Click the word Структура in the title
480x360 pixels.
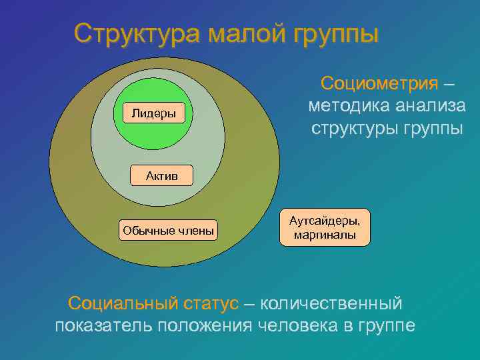tap(136, 33)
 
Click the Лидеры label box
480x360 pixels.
tap(154, 113)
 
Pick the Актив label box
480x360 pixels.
tap(161, 175)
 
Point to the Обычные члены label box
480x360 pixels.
tap(168, 231)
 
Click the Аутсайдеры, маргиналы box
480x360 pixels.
tap(324, 227)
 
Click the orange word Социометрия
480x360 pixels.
tap(379, 83)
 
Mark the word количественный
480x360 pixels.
tap(331, 303)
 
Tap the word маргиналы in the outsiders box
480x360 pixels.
tap(324, 235)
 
